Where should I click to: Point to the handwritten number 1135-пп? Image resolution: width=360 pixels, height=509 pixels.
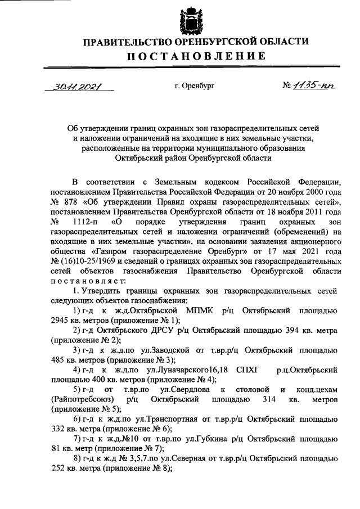tap(309, 86)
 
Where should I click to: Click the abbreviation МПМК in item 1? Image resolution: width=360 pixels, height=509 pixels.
tap(200, 311)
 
